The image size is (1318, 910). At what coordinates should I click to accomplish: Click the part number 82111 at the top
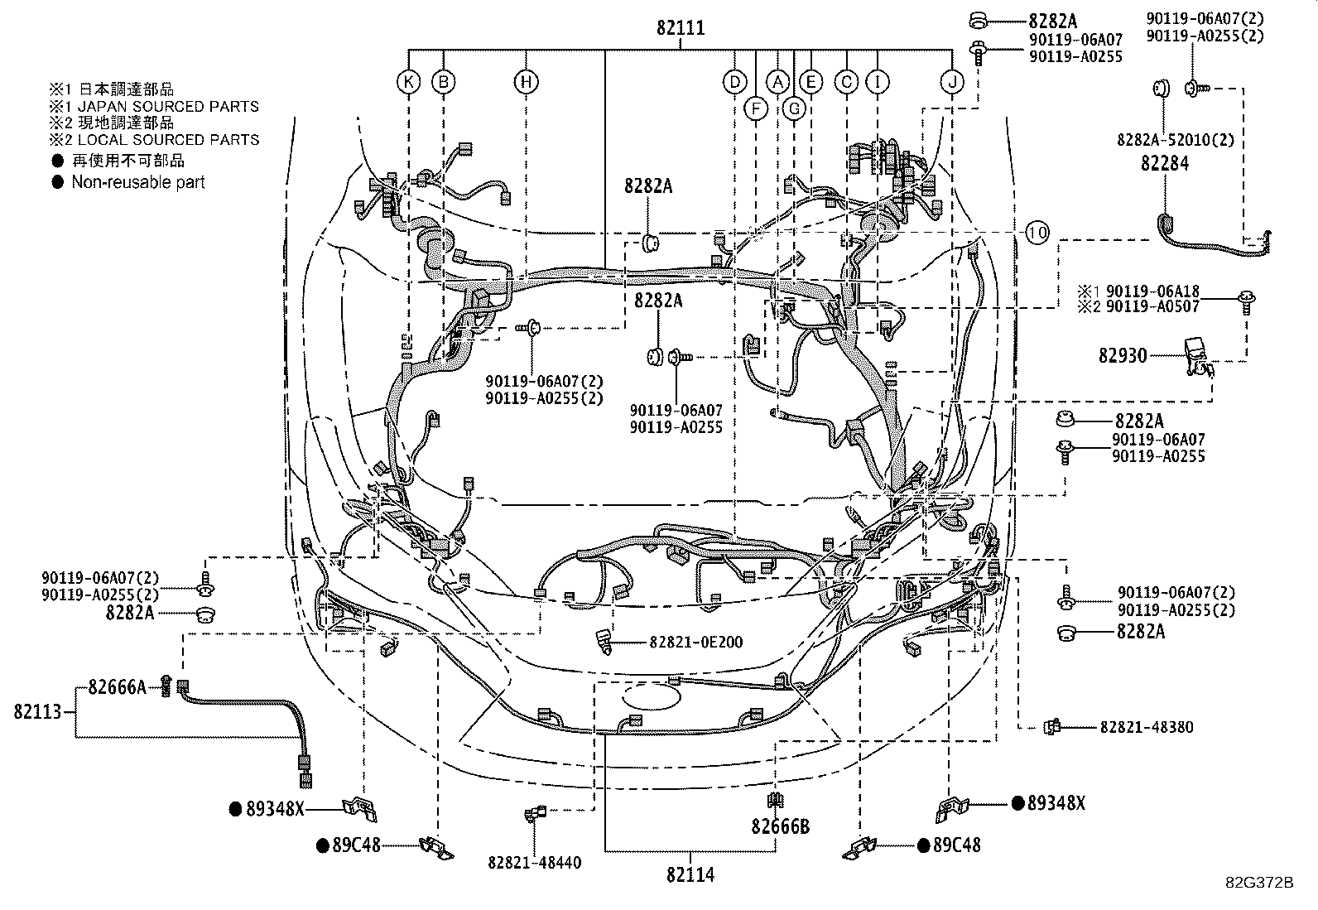pos(681,28)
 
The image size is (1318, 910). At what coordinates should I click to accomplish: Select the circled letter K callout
pos(407,81)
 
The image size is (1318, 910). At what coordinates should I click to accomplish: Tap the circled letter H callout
pos(526,81)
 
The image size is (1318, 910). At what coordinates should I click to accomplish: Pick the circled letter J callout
pos(953,81)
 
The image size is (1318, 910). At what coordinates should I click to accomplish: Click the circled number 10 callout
pos(1037,233)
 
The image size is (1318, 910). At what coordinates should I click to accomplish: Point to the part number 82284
pos(1164,163)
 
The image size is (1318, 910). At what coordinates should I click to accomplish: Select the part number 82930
pos(1123,355)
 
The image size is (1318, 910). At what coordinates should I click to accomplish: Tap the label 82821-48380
pos(1147,727)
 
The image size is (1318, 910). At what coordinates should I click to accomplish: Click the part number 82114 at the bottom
pos(689,874)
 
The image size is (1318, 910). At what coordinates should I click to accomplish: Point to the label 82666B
pos(781,826)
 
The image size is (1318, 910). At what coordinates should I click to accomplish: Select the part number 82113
pos(38,711)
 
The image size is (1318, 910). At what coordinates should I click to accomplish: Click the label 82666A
pos(117,686)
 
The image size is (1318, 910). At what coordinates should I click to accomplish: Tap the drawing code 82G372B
pos(1259,882)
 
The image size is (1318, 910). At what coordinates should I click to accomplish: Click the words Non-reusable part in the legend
pos(137,182)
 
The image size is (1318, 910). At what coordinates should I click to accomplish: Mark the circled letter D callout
pos(734,81)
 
